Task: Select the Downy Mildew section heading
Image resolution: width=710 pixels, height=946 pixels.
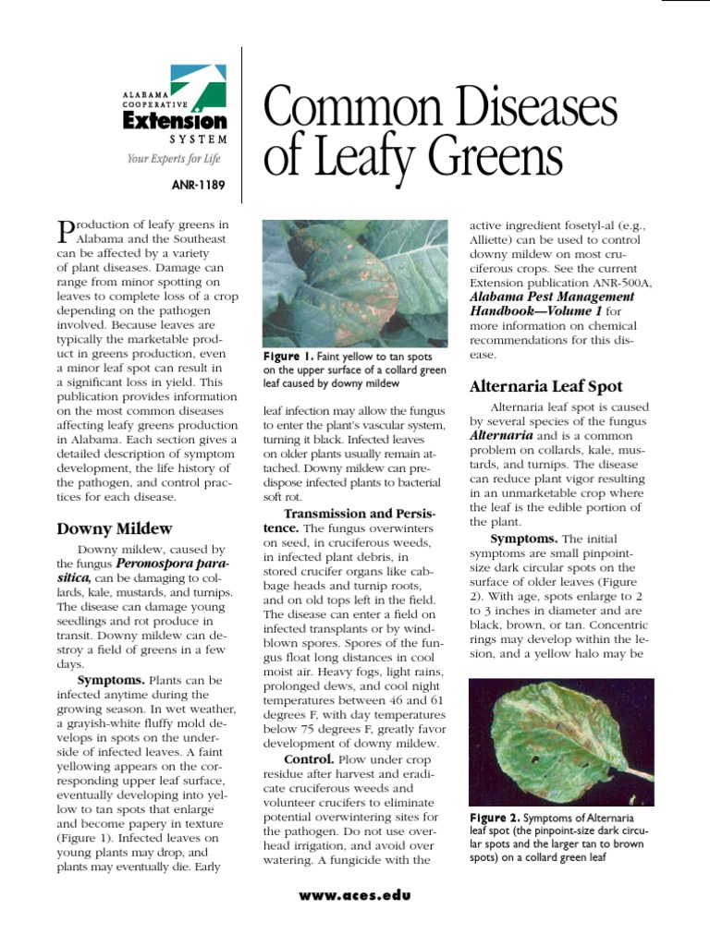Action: tap(115, 528)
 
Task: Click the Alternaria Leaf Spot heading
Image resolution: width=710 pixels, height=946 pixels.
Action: tap(545, 386)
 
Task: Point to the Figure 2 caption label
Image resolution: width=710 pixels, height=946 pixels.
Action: tap(493, 818)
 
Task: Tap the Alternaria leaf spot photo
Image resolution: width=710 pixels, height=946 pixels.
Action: tap(561, 743)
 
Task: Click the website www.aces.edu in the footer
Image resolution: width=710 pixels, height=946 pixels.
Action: tap(355, 895)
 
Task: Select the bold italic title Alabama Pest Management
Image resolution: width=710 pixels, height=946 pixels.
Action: tap(552, 297)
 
